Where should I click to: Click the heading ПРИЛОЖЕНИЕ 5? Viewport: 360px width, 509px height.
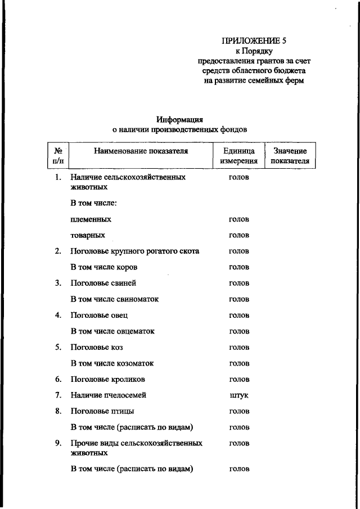[254, 40]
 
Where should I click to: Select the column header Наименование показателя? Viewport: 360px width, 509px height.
[141, 151]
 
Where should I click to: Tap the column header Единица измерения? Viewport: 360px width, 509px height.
[239, 156]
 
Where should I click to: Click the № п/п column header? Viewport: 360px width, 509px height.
[57, 156]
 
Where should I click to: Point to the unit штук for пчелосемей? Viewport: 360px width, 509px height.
[239, 395]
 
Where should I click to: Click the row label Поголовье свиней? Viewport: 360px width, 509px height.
[103, 283]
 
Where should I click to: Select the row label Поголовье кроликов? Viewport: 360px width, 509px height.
[108, 379]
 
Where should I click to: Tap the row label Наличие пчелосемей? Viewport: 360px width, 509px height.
[109, 395]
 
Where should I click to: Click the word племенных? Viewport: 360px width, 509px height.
[91, 219]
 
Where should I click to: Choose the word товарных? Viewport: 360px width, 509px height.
[88, 235]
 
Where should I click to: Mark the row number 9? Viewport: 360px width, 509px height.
[58, 443]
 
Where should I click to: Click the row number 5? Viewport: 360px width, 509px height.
[58, 347]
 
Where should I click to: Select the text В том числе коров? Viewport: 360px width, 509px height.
[103, 267]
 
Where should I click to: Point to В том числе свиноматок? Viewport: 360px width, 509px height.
[114, 299]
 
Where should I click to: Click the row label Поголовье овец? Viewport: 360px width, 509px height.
[99, 315]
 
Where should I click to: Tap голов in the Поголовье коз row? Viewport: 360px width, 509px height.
[239, 347]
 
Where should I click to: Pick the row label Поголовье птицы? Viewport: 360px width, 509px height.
[102, 411]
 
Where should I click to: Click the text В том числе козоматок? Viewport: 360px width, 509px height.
[112, 363]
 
